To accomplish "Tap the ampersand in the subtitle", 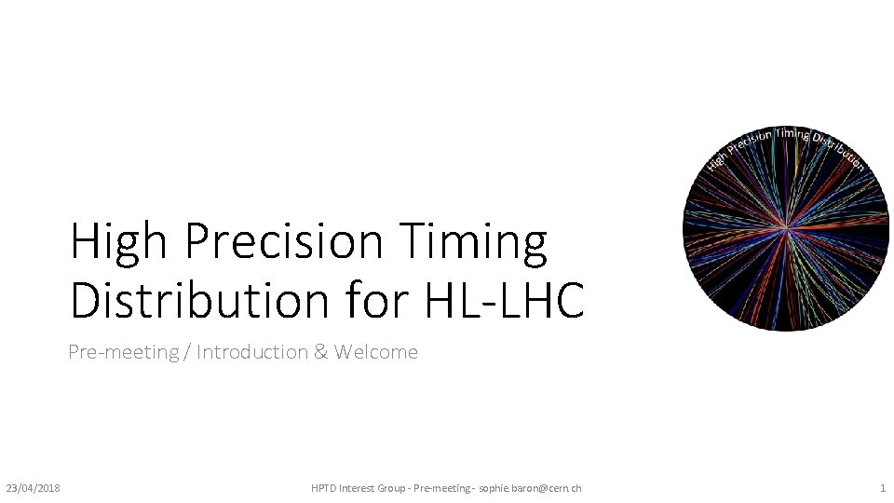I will (322, 352).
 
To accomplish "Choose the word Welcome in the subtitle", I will (376, 352).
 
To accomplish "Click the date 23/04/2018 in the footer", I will (33, 488).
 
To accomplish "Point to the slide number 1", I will (882, 488).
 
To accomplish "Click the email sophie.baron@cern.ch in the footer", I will (530, 488).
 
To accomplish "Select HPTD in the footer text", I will (326, 488).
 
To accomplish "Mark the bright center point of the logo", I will (787, 226).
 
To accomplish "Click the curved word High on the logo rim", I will (716, 159).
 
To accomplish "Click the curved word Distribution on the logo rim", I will (840, 152).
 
